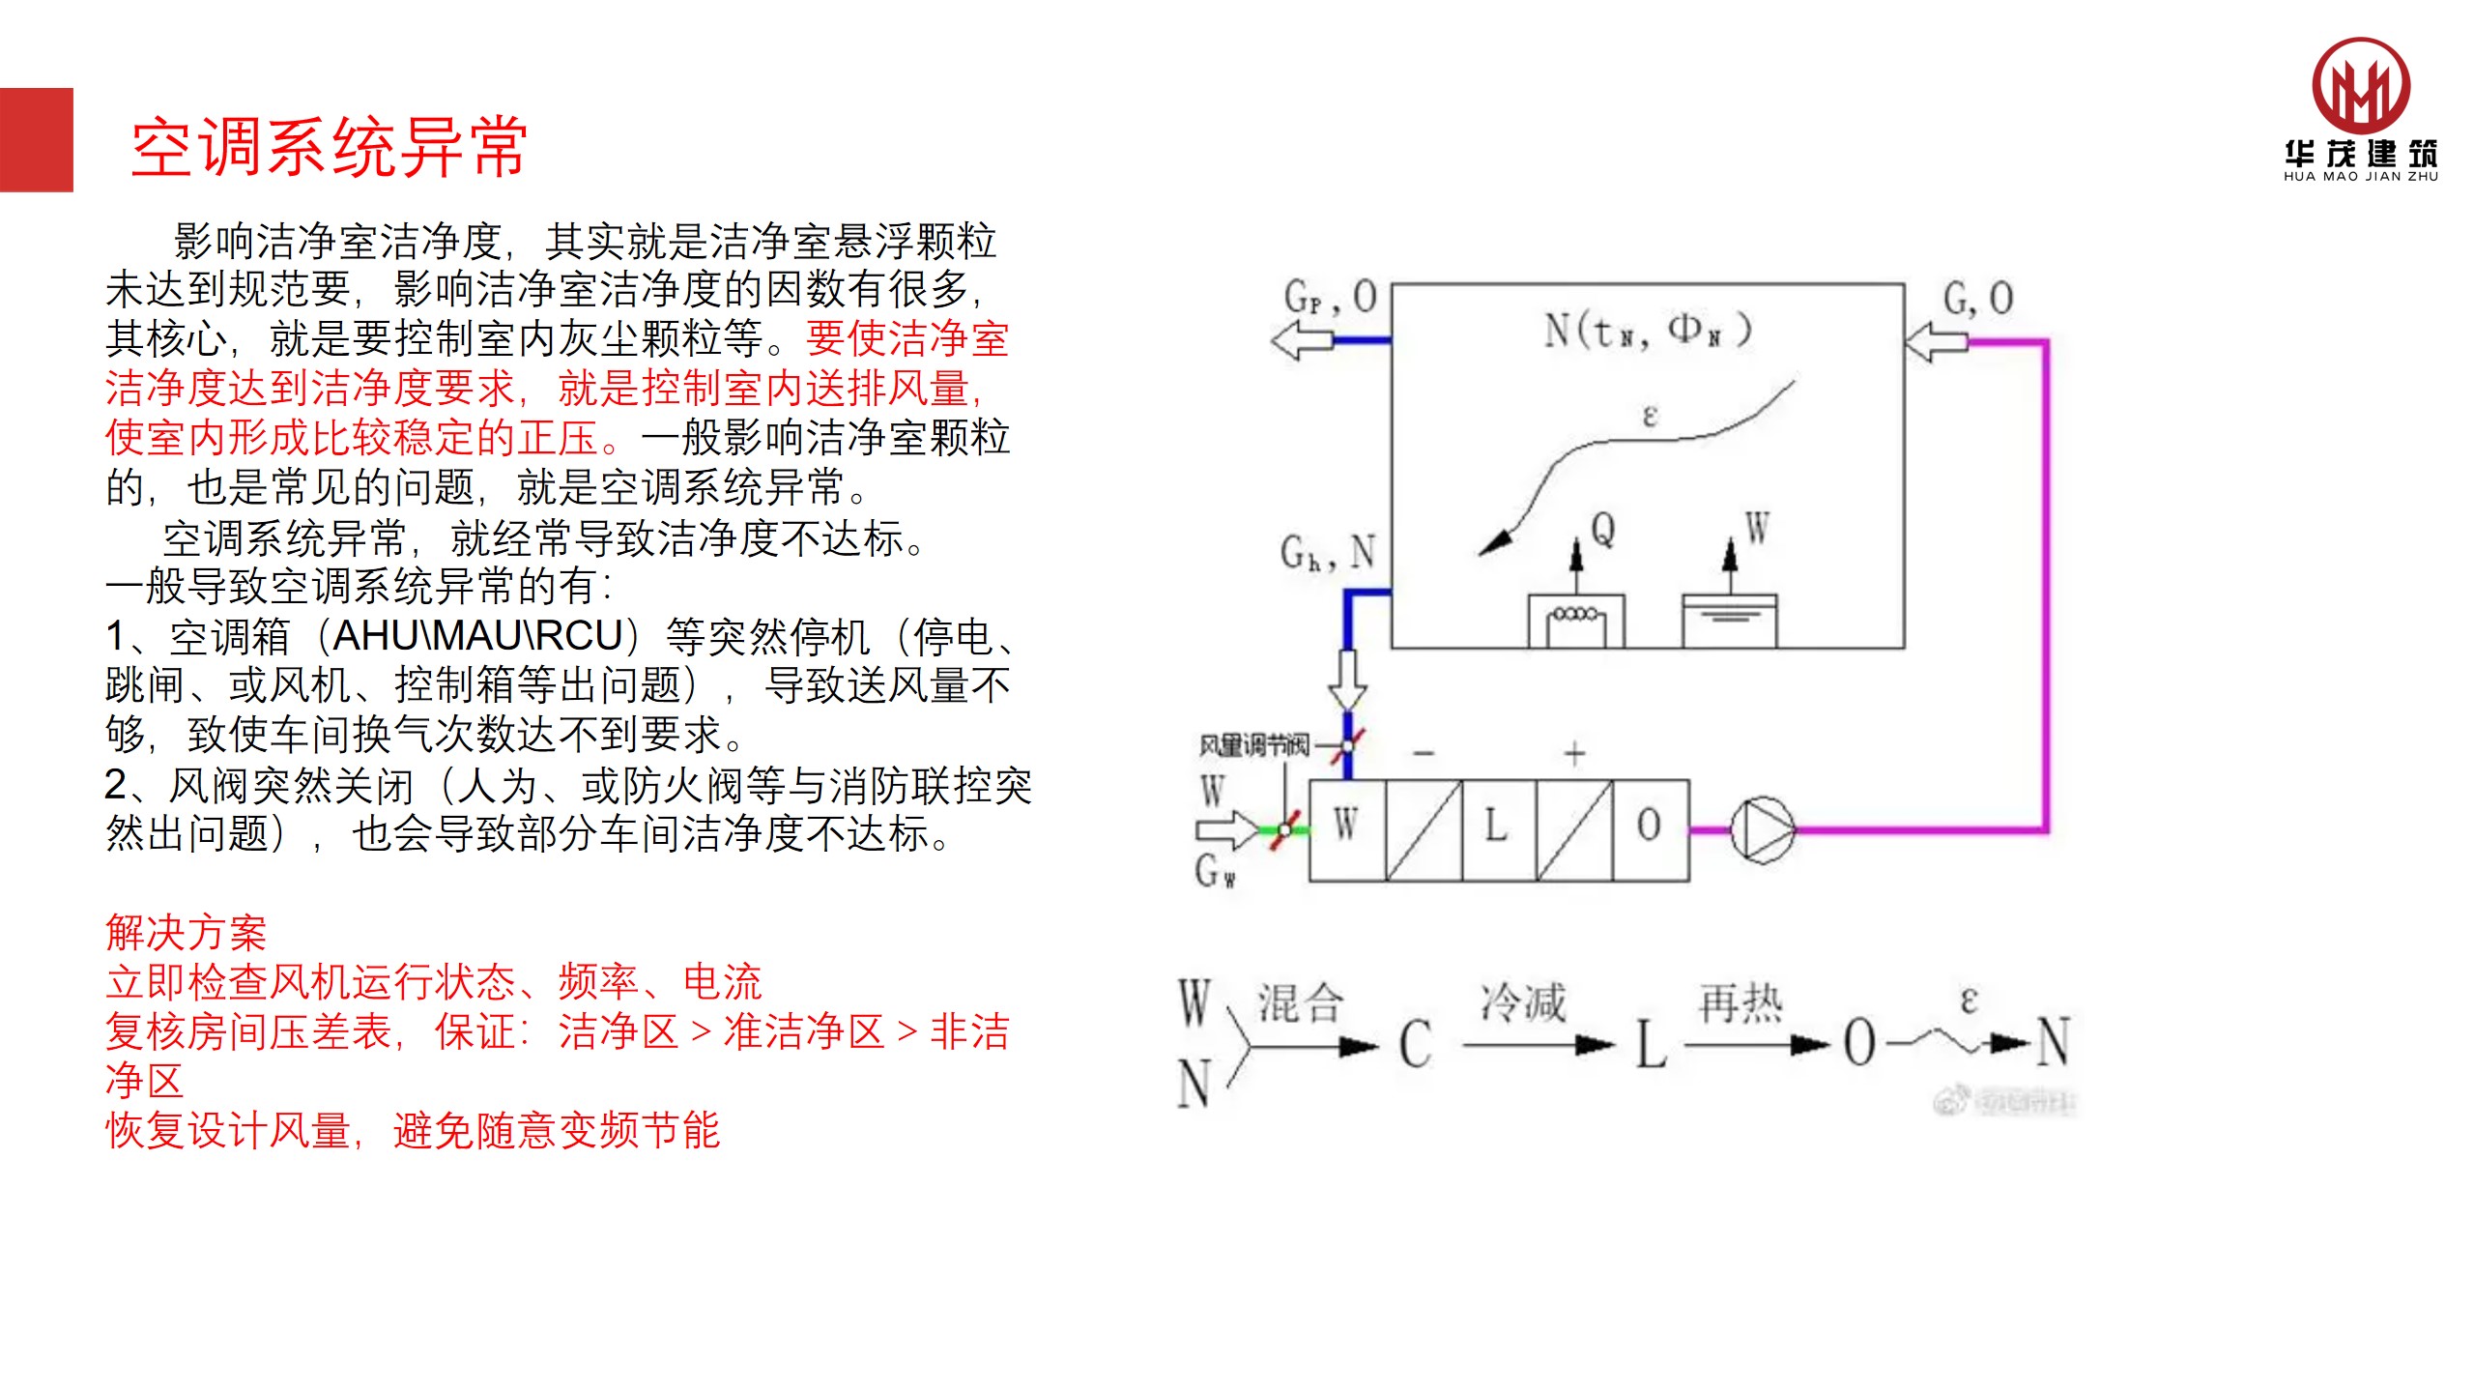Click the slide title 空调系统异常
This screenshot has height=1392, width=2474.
(x=330, y=148)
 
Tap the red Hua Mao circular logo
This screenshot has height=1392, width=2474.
(x=2360, y=86)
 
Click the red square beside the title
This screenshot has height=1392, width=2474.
(x=36, y=140)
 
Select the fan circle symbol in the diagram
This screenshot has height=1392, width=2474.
(x=1762, y=829)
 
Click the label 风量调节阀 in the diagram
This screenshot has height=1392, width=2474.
(x=1253, y=745)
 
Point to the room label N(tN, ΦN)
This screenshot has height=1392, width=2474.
(x=1647, y=331)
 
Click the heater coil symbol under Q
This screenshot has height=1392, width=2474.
(x=1575, y=621)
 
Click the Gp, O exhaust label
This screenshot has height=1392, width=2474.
(x=1330, y=297)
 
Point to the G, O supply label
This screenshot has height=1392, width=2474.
(x=1977, y=297)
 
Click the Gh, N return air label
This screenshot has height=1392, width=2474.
(x=1327, y=553)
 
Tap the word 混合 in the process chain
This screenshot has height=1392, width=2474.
(x=1301, y=1002)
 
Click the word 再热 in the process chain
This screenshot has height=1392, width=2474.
(x=1740, y=1002)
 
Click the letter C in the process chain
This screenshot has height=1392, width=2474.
(x=1416, y=1044)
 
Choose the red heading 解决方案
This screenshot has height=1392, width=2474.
(x=186, y=933)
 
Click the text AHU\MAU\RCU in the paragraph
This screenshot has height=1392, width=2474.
(x=477, y=636)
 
